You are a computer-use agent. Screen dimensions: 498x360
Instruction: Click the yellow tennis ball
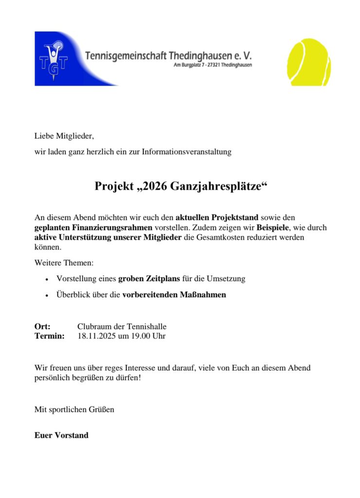pos(309,62)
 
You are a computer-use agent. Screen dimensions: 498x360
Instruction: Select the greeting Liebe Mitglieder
pos(63,136)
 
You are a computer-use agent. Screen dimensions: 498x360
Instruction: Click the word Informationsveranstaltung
pos(187,152)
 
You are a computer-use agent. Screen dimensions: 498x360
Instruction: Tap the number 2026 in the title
pos(154,187)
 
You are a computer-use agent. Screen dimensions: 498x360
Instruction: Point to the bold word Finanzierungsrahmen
pos(117,227)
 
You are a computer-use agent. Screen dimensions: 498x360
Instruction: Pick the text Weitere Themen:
pos(63,263)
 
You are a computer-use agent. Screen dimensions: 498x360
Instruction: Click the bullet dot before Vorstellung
pos(46,280)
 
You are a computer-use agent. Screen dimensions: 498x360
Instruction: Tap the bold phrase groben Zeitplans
pos(148,279)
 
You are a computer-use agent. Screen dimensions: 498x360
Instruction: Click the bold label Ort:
pos(42,326)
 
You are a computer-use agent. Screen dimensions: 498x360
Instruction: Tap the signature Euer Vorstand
pos(61,435)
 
